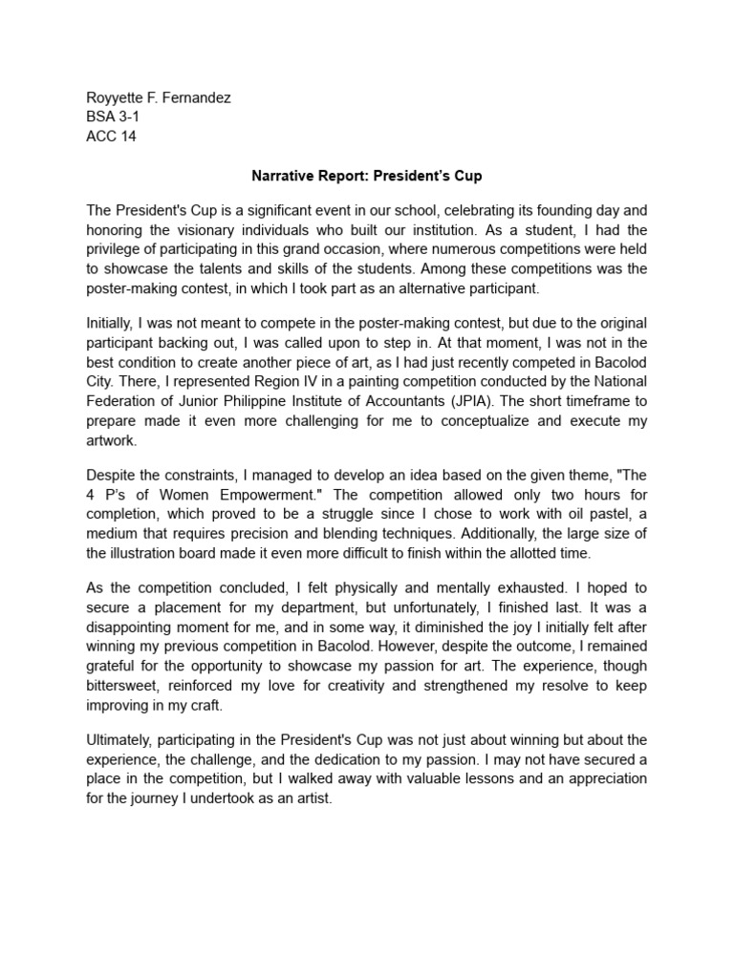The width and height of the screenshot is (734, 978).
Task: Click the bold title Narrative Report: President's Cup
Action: pyautogui.click(x=366, y=176)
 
